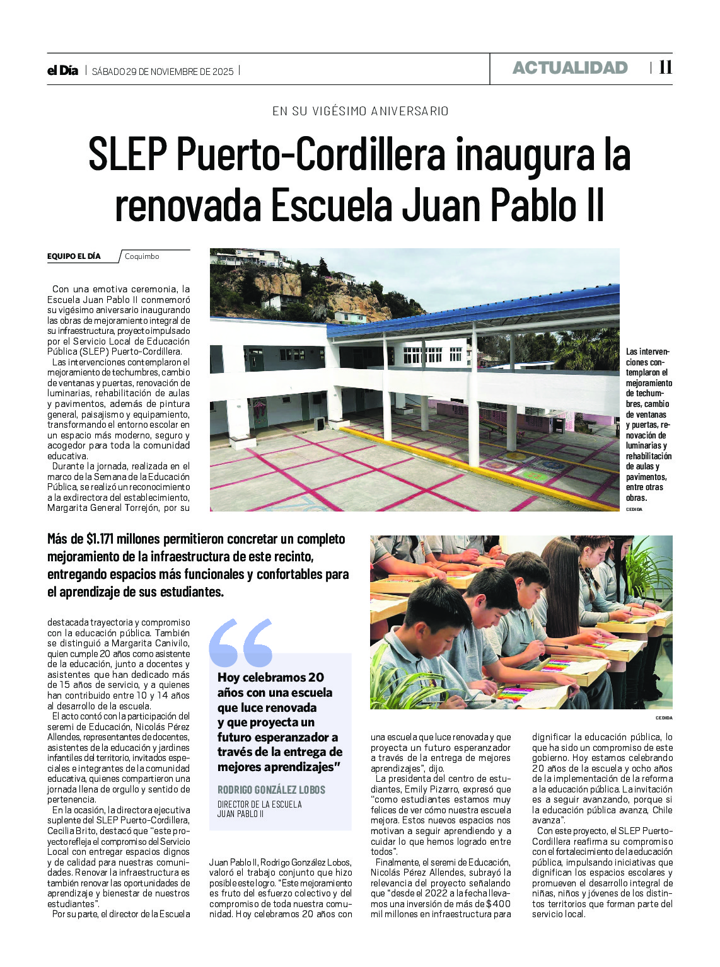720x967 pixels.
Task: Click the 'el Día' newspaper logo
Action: pos(62,71)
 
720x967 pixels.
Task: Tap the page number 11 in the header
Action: pos(665,67)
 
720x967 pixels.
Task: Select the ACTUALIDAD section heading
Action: pos(570,68)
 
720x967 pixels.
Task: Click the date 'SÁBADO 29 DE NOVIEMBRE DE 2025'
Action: pos(163,71)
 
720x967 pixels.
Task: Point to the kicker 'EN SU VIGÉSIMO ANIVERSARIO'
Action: pos(360,112)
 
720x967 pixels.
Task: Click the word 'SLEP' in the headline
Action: pos(127,155)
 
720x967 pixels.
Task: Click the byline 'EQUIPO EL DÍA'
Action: pos(74,256)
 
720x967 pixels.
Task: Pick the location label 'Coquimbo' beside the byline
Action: pos(142,256)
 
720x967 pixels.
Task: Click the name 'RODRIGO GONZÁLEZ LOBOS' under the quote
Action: pos(271,790)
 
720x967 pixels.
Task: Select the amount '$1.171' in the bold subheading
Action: pos(100,539)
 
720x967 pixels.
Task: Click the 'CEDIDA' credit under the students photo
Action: pos(663,718)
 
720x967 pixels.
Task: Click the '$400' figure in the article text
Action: pos(497,904)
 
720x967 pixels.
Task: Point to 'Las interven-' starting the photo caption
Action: pos(647,352)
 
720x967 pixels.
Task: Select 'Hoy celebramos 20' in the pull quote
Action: pos(270,678)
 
